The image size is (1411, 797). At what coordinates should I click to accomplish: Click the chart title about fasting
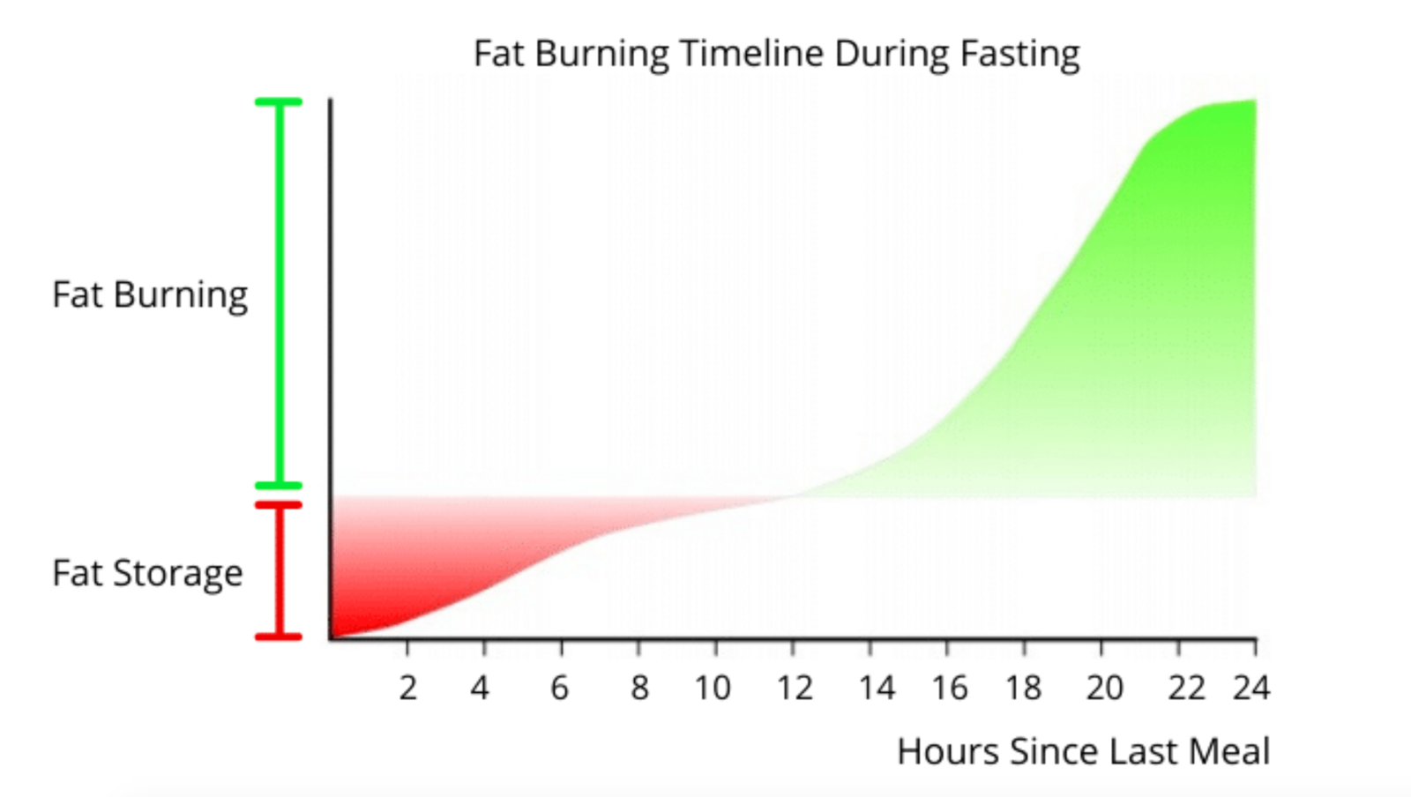tap(776, 54)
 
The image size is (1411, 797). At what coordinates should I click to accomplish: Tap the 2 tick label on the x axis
tap(407, 688)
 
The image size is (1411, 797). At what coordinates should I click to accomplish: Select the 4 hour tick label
tap(480, 688)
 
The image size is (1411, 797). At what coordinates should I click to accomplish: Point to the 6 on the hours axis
tap(560, 688)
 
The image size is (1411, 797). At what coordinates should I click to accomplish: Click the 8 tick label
tap(639, 688)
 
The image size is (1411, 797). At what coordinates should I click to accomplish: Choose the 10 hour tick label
tap(713, 688)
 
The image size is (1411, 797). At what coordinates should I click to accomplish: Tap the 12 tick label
tap(795, 688)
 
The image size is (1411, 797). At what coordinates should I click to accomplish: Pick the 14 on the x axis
tap(877, 688)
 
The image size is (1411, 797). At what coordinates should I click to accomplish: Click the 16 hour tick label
tap(950, 688)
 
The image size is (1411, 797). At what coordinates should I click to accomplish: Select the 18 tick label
tap(1023, 688)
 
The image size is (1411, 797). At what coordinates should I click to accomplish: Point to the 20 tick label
tap(1104, 688)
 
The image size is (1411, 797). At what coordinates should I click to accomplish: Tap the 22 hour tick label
tap(1186, 688)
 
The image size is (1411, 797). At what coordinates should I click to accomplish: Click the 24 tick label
tap(1251, 688)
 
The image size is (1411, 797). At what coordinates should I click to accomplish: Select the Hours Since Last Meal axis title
tap(1083, 752)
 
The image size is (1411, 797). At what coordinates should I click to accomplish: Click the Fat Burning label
tap(150, 295)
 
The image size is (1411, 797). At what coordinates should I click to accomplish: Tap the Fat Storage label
tap(147, 573)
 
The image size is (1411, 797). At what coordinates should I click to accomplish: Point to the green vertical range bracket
tap(280, 294)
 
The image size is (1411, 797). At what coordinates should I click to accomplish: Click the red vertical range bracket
tap(280, 570)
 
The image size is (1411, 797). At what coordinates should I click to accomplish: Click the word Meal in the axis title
tap(1229, 752)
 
